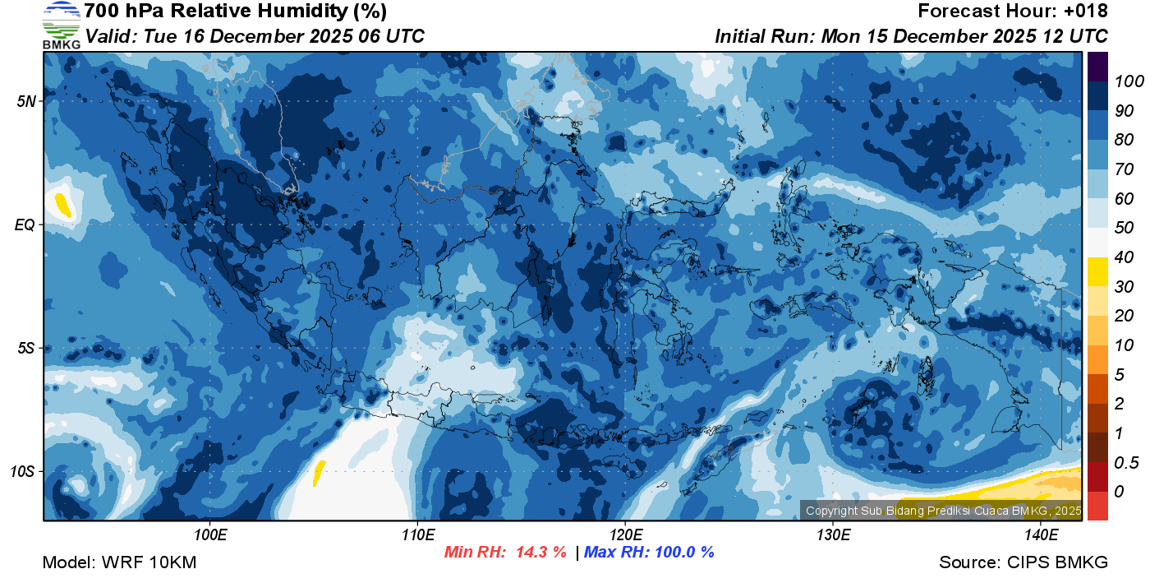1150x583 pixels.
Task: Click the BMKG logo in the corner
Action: click(x=61, y=25)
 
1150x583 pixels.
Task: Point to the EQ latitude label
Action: click(x=25, y=224)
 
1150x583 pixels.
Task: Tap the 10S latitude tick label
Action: click(x=22, y=472)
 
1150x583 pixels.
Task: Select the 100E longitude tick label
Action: click(x=210, y=535)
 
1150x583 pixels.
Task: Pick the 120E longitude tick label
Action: click(x=625, y=535)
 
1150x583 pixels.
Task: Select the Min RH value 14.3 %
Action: click(x=540, y=553)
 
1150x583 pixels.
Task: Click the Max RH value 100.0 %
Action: click(x=682, y=553)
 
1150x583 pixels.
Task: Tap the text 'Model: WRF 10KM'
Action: click(x=119, y=563)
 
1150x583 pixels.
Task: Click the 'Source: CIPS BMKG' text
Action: click(x=1023, y=563)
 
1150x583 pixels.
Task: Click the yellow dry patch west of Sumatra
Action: click(x=62, y=204)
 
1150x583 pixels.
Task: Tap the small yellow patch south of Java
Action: click(x=319, y=472)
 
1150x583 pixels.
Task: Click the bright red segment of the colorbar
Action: click(x=1097, y=506)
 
